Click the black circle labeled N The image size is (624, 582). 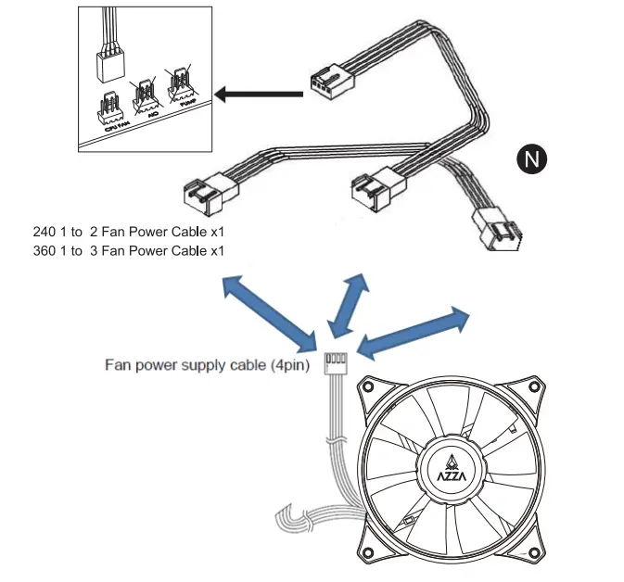coord(532,158)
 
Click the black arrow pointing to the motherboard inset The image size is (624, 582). coord(259,93)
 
